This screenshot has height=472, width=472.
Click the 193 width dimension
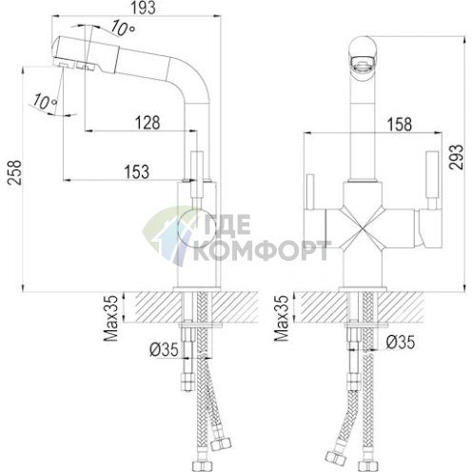[x=144, y=9]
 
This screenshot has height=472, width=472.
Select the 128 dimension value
[x=147, y=123]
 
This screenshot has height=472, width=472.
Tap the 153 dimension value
[x=137, y=171]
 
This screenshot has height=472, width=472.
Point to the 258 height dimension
[x=14, y=172]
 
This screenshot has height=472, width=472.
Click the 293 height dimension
[x=456, y=157]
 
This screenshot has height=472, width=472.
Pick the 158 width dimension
[x=399, y=124]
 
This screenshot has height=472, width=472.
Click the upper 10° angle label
[x=123, y=29]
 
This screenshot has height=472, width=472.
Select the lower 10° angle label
[x=45, y=101]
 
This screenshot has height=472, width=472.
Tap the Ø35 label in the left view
[x=164, y=350]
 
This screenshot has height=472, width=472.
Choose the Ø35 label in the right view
[x=401, y=342]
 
